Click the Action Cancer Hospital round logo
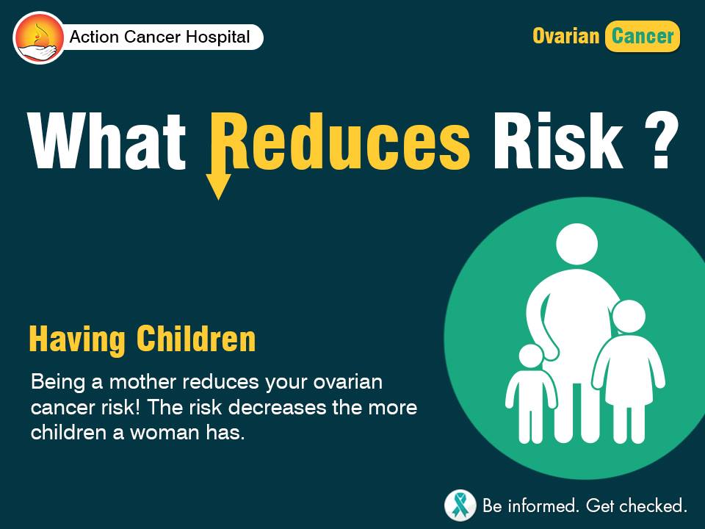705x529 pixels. [x=39, y=37]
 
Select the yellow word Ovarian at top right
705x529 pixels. [x=566, y=36]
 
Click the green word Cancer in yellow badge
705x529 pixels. [x=643, y=36]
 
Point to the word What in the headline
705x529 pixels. [x=106, y=141]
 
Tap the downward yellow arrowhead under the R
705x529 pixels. [x=219, y=186]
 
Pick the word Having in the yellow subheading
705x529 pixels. [x=77, y=339]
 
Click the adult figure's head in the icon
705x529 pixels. [x=577, y=244]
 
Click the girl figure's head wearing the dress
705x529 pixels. [x=629, y=316]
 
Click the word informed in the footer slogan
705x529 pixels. [x=541, y=506]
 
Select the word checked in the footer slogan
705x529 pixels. [x=654, y=506]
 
